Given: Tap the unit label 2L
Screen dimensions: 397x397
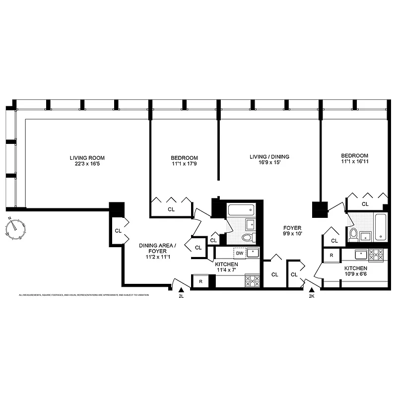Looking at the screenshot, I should point(181,296).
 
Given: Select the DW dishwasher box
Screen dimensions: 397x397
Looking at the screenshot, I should point(240,253).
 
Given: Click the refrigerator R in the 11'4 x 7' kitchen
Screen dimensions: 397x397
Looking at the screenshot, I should point(200,281).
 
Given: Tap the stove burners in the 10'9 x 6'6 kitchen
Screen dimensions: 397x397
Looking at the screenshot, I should point(376,255).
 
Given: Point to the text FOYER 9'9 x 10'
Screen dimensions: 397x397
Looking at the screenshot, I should point(292,230).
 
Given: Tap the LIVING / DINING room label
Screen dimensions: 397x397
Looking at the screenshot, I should point(269,157).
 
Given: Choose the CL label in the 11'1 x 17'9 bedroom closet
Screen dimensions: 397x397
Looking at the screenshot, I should point(171,209).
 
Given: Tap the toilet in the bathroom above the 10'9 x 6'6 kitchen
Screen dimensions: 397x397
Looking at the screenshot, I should point(354,234).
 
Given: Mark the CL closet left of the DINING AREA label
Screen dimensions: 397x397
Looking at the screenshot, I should point(118,231).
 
